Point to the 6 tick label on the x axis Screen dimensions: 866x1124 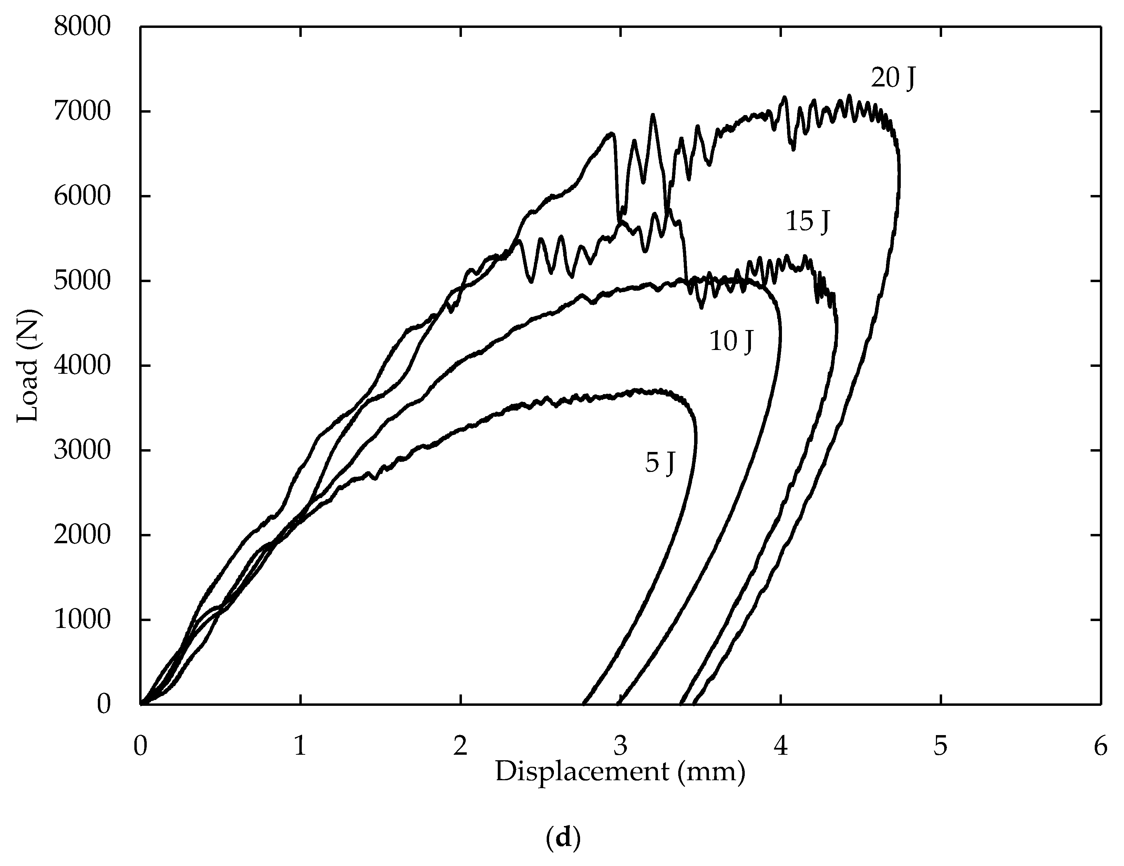(1100, 746)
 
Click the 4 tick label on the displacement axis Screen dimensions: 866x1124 (781, 746)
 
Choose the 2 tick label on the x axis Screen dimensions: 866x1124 (460, 746)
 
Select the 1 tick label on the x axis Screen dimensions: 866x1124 (300, 746)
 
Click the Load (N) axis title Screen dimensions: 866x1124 (28, 365)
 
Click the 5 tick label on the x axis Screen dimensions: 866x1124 (940, 746)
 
